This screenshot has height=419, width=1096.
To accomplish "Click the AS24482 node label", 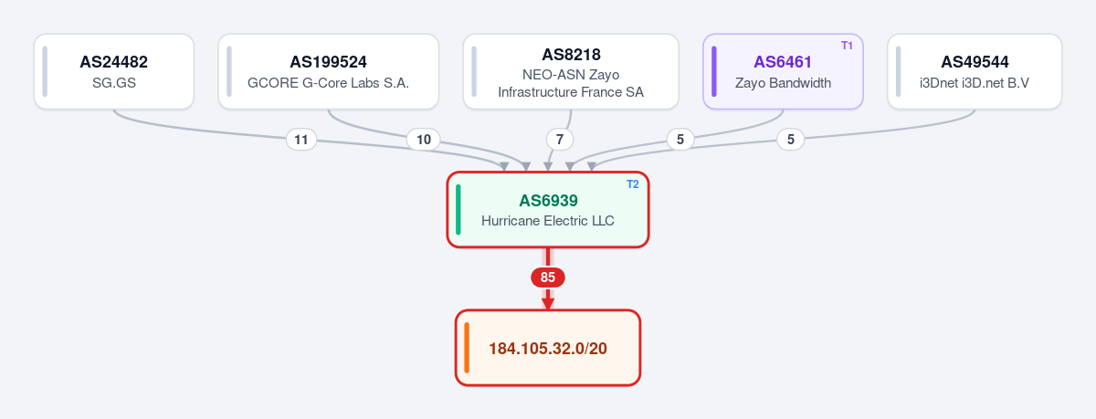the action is [x=113, y=62].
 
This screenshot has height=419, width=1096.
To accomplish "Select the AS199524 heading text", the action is [x=328, y=62].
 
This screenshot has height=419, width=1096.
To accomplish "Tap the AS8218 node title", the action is [x=571, y=55].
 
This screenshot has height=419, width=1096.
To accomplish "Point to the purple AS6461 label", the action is [x=783, y=62].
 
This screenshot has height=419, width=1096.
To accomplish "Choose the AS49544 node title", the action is [x=975, y=62].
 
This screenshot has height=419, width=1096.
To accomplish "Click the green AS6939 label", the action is [x=548, y=201].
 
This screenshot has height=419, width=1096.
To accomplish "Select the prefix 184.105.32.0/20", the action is [x=548, y=349].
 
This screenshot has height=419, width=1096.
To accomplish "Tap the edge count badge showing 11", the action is [x=300, y=140].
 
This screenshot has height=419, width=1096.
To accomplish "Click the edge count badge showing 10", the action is [x=424, y=140].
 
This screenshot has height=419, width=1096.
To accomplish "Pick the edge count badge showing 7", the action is [x=560, y=140].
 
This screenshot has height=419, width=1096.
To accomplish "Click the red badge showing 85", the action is [x=548, y=278].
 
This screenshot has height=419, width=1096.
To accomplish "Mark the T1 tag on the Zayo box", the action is [x=847, y=46].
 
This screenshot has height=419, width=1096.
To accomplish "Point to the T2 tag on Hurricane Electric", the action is [x=633, y=184].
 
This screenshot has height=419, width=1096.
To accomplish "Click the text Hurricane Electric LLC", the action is [x=547, y=221].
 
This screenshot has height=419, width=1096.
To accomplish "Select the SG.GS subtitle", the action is [x=114, y=83].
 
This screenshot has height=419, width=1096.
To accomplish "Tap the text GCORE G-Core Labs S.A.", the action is [x=328, y=83].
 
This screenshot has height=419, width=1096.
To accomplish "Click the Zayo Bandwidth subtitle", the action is [x=783, y=83].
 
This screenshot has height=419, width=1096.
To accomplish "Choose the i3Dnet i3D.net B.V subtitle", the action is [x=975, y=83].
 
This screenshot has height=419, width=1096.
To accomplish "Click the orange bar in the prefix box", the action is [x=467, y=348].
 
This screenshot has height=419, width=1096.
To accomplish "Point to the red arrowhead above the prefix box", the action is [x=548, y=303].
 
